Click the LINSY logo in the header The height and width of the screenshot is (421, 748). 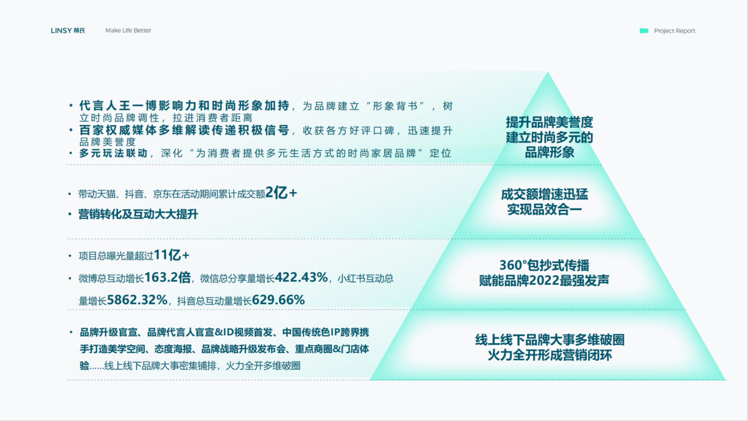pos(68,30)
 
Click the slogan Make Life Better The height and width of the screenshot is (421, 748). pos(128,30)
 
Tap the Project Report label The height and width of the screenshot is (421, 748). pos(674,31)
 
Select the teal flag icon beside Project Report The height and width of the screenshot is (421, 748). pos(644,31)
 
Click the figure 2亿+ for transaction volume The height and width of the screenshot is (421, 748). pos(281,193)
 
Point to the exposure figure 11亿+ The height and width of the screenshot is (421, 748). pos(172,255)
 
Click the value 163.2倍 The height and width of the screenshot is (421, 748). pos(168,277)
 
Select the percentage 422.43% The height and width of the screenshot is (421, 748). pos(301,277)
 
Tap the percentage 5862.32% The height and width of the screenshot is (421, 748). pos(137,300)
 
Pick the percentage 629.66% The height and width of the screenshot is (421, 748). pos(279,300)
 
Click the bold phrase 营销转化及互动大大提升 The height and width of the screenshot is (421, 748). pos(138,214)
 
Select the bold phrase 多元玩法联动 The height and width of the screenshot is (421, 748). pos(113,153)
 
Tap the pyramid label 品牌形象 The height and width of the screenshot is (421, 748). pos(549,152)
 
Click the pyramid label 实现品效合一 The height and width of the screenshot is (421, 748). pos(545,210)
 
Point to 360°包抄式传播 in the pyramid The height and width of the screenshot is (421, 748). pos(544,266)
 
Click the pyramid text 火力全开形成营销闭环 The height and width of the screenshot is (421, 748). pos(549,355)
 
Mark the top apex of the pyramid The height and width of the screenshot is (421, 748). pos(548,71)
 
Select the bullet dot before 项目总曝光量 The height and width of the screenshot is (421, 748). pos(70,256)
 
